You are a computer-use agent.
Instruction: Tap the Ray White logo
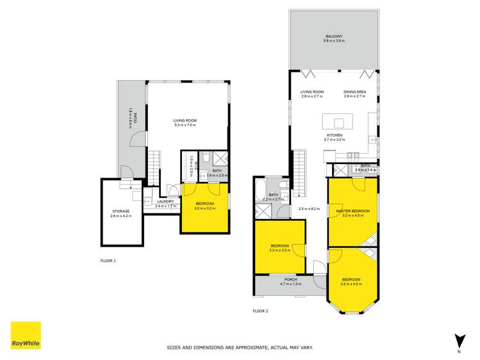pos(26,336)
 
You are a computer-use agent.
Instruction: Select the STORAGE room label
pos(121,211)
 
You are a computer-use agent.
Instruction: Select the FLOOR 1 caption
pos(108,261)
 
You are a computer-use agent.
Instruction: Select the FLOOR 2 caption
pos(260,311)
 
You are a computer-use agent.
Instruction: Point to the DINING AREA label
pos(354,92)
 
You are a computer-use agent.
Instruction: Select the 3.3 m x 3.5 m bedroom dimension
pos(280,250)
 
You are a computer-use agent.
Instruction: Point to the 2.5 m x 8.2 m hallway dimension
pos(309,208)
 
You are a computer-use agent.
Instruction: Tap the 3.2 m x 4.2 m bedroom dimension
pos(351,284)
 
